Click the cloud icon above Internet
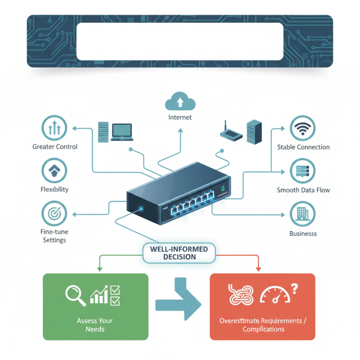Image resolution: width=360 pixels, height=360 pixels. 180,101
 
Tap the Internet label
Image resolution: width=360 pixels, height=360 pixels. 180,117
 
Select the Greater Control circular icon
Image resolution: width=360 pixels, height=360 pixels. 54,128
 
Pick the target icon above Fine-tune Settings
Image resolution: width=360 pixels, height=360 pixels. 54,213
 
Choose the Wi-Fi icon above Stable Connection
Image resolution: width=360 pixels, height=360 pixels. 303,128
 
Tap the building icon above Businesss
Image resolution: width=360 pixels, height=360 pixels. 303,213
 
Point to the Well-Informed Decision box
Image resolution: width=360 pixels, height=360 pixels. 180,253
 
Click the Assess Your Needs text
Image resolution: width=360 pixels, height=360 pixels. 95,325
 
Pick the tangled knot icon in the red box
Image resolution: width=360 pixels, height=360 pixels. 242,295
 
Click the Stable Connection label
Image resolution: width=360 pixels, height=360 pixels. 303,147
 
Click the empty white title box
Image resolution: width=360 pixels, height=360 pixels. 180,41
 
